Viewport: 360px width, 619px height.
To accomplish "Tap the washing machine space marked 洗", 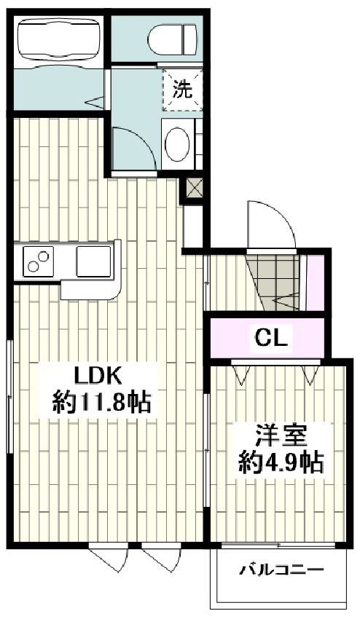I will pos(181,90).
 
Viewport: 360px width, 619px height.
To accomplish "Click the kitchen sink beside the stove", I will pos(93,259).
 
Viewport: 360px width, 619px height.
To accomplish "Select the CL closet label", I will pos(272,337).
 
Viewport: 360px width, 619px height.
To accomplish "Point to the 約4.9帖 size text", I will pos(281,463).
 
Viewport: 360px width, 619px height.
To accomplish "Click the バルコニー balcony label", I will pos(281,570).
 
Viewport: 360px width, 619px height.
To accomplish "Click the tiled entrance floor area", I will pos(275,281).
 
